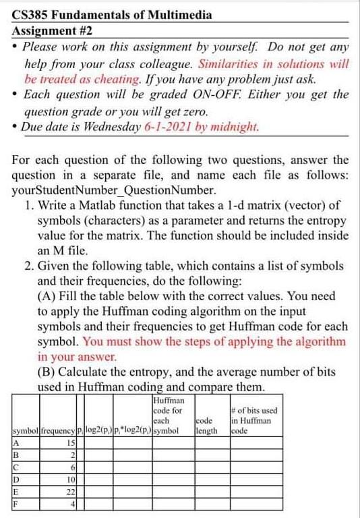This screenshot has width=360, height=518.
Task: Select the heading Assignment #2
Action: tap(53, 31)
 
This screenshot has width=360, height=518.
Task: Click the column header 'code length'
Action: tap(206, 424)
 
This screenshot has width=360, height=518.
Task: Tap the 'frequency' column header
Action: tap(58, 430)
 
